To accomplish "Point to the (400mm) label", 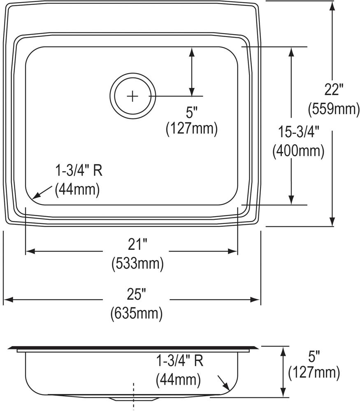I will [298, 151].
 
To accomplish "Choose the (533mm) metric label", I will [137, 264].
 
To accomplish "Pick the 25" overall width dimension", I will [137, 295].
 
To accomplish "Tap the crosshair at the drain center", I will [132, 96].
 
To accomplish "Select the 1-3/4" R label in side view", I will [179, 361].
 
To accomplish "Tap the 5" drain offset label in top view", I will [191, 111].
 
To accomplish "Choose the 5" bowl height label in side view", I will [314, 355].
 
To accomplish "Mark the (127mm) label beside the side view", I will [314, 373].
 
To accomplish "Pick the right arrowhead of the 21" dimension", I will [235, 251].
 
